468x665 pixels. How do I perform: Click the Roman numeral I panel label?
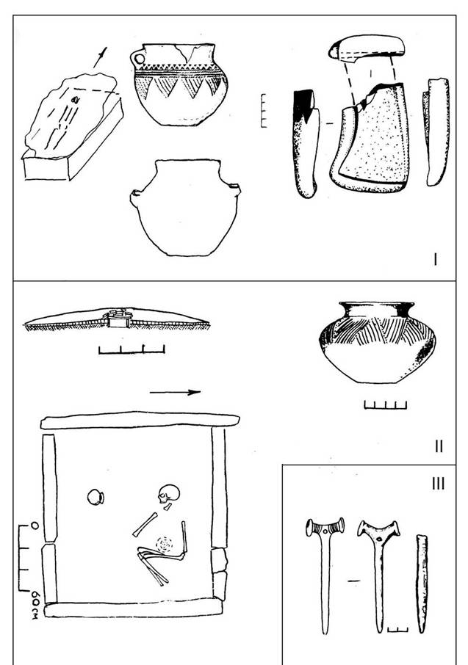435,258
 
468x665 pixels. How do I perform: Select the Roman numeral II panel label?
439,446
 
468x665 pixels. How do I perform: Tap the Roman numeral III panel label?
439,484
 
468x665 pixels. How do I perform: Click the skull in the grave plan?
168,494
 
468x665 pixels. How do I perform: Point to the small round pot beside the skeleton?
96,497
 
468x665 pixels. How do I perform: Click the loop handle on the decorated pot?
138,58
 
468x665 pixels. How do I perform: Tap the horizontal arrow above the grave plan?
175,392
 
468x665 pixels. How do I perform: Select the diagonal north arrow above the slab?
100,57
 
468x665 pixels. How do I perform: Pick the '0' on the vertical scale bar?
35,526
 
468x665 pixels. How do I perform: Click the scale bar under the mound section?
132,350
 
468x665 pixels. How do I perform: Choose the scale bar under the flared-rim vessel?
385,405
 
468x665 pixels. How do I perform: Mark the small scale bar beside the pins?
397,629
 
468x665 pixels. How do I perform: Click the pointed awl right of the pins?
422,584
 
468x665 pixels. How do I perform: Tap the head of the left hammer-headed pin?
325,527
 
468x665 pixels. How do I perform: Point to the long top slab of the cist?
140,421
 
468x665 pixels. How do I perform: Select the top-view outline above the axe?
366,48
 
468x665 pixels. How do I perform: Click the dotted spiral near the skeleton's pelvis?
165,544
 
